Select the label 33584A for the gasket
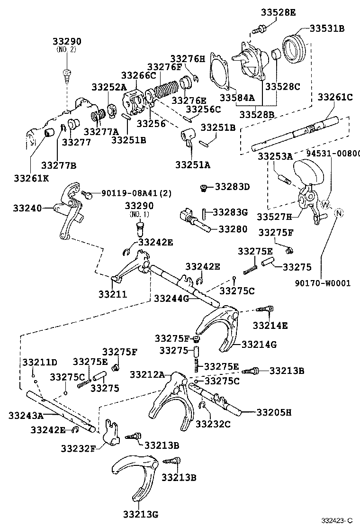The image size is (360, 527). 237,98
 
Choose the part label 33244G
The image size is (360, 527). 171,298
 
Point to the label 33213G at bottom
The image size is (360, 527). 140,514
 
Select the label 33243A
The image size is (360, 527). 26,416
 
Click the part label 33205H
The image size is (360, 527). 274,412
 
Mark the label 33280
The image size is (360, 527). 232,229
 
